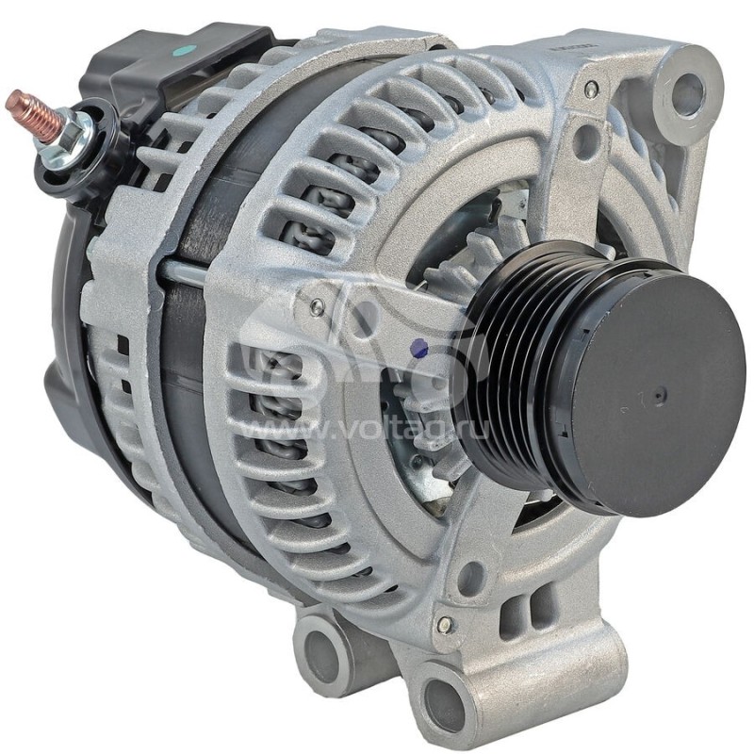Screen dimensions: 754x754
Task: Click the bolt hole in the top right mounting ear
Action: point(688,92)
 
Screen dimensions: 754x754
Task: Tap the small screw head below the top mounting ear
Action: point(591,90)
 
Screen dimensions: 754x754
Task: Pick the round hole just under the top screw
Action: point(586,141)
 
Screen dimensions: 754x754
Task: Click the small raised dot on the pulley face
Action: point(661,396)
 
